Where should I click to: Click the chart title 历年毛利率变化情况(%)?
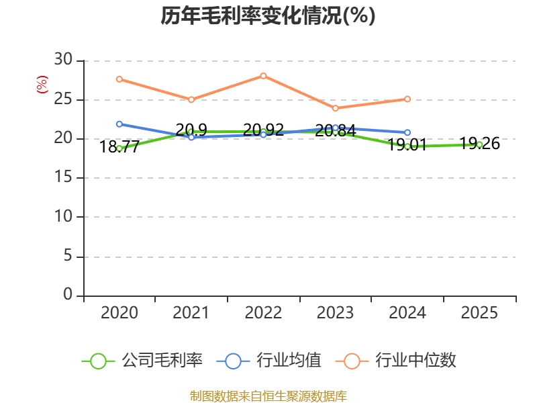(x=268, y=15)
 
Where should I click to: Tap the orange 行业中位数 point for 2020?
(x=119, y=79)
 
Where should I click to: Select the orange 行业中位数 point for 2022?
(x=263, y=76)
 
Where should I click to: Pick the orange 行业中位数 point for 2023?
(x=335, y=108)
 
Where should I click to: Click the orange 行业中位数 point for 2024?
(x=407, y=99)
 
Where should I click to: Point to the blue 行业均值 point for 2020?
(x=119, y=124)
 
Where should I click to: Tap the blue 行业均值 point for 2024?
(x=407, y=132)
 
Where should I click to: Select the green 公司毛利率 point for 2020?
(x=119, y=148)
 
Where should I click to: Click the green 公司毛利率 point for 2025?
(x=479, y=144)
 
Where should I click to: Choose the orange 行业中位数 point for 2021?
(x=191, y=99)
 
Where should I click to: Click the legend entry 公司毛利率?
(x=142, y=361)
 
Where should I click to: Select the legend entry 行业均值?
(x=269, y=361)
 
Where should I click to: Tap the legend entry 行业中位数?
(x=400, y=361)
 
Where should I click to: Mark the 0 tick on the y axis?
(x=67, y=295)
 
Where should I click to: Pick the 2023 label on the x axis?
(x=335, y=313)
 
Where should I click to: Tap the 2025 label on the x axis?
(x=479, y=313)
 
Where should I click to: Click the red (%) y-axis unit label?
(x=42, y=85)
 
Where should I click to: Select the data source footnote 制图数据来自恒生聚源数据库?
(x=268, y=396)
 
